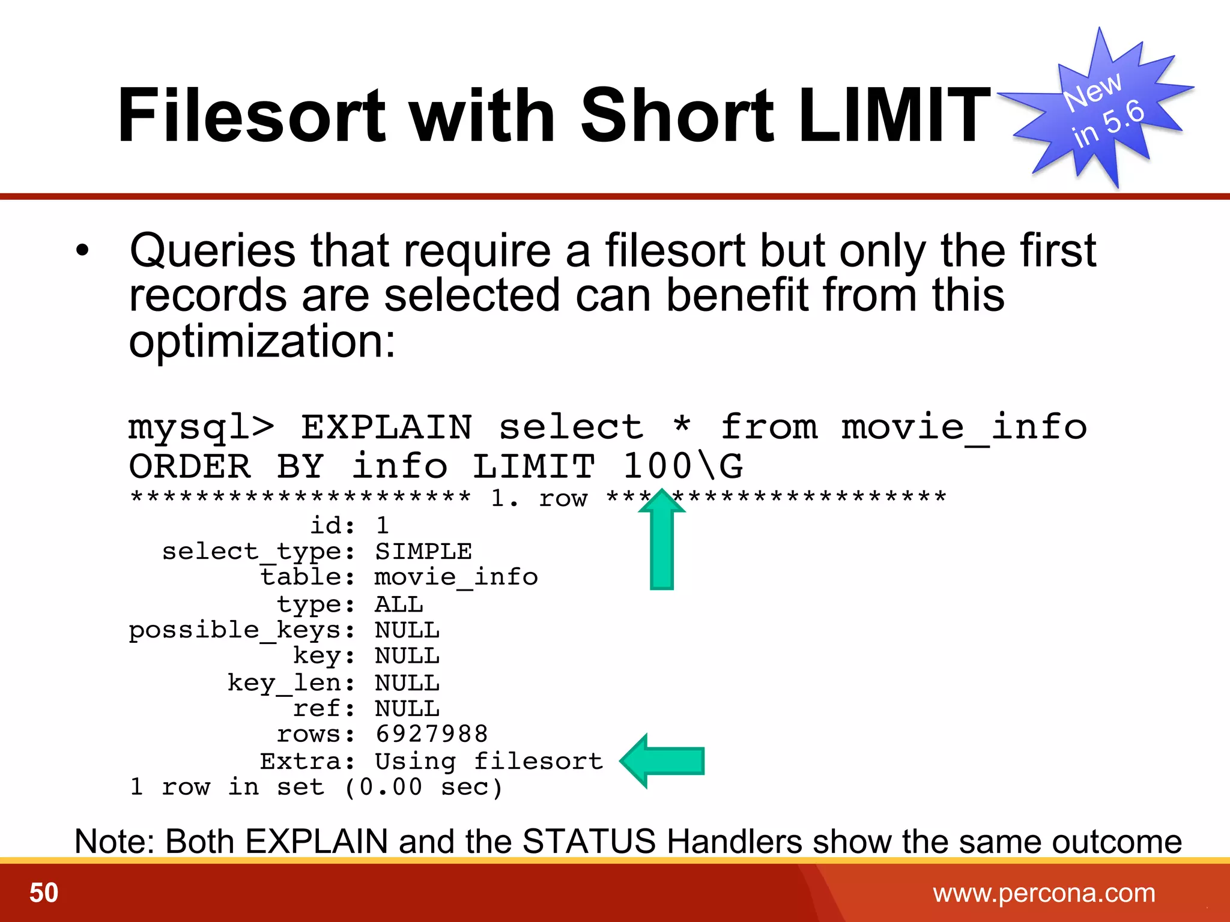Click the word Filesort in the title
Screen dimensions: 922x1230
click(251, 115)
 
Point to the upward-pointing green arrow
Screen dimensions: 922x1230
click(662, 540)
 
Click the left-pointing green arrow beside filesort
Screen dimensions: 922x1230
click(662, 761)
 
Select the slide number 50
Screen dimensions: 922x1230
click(44, 893)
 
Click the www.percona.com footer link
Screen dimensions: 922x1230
click(1044, 893)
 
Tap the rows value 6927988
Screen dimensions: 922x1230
click(431, 734)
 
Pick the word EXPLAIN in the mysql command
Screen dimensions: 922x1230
click(386, 427)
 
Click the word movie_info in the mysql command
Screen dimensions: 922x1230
click(963, 427)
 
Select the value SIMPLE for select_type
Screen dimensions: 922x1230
click(423, 552)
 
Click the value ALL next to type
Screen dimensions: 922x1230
click(399, 604)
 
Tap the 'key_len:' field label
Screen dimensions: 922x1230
click(291, 683)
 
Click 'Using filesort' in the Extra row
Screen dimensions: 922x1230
click(489, 762)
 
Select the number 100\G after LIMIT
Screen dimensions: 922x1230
click(683, 466)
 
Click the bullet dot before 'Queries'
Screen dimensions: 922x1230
click(83, 250)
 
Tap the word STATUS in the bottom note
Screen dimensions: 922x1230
click(589, 841)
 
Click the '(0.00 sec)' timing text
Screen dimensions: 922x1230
click(423, 787)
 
